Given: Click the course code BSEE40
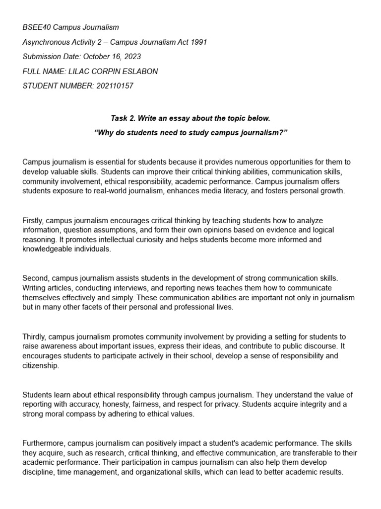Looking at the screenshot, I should (x=36, y=27).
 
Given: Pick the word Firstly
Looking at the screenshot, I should (x=34, y=220).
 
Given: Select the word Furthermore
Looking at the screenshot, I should (x=44, y=443).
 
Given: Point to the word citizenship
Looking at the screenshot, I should (x=41, y=365).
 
